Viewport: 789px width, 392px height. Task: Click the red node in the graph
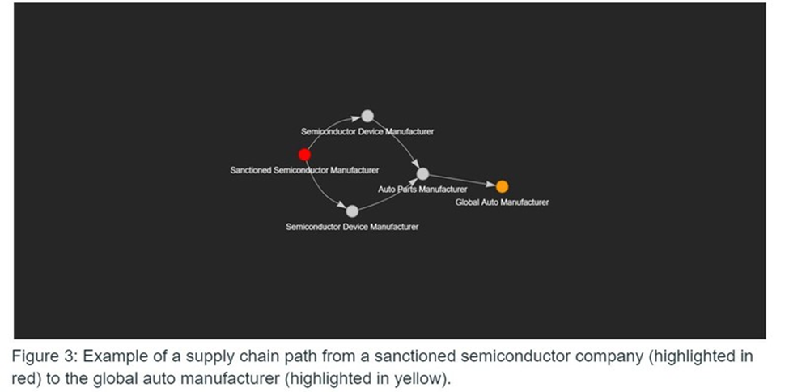coord(304,155)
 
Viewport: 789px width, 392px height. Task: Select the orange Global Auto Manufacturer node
coord(502,187)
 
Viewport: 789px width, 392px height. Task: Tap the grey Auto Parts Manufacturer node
coord(422,174)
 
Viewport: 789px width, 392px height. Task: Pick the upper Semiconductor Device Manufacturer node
coord(367,116)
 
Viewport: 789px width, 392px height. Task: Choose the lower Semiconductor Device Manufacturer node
coord(352,211)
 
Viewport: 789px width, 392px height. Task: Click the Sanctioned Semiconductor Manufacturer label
coord(304,170)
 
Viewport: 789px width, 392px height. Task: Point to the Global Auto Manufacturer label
coord(502,202)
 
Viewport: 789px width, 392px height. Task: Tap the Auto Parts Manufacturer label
coord(422,190)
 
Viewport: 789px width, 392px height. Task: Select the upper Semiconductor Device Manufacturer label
coord(367,131)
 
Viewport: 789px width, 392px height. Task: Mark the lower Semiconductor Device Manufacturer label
coord(352,227)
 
